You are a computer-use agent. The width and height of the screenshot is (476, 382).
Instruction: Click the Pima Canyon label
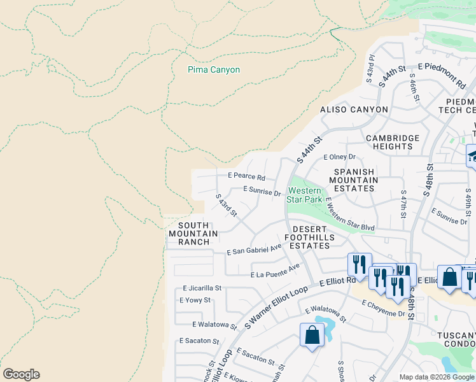point(214,69)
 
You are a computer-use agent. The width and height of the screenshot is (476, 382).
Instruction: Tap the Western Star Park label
point(304,195)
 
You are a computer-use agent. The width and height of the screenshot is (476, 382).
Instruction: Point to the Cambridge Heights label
point(393,142)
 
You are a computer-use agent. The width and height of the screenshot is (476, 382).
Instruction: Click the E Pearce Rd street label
point(246,176)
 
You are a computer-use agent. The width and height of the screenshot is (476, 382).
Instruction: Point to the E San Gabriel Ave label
point(254,250)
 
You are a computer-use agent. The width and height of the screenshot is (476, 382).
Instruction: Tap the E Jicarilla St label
point(201,288)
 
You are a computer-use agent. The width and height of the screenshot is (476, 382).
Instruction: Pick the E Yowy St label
point(195,300)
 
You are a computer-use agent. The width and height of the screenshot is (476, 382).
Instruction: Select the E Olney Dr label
point(339,157)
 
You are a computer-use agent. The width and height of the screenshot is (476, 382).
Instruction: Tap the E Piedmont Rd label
point(442,73)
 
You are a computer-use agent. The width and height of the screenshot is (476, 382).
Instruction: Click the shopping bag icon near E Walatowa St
point(312,334)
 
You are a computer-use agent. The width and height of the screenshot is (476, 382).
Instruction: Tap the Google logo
point(21,374)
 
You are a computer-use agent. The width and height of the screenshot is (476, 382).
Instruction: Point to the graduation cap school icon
point(472,156)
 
